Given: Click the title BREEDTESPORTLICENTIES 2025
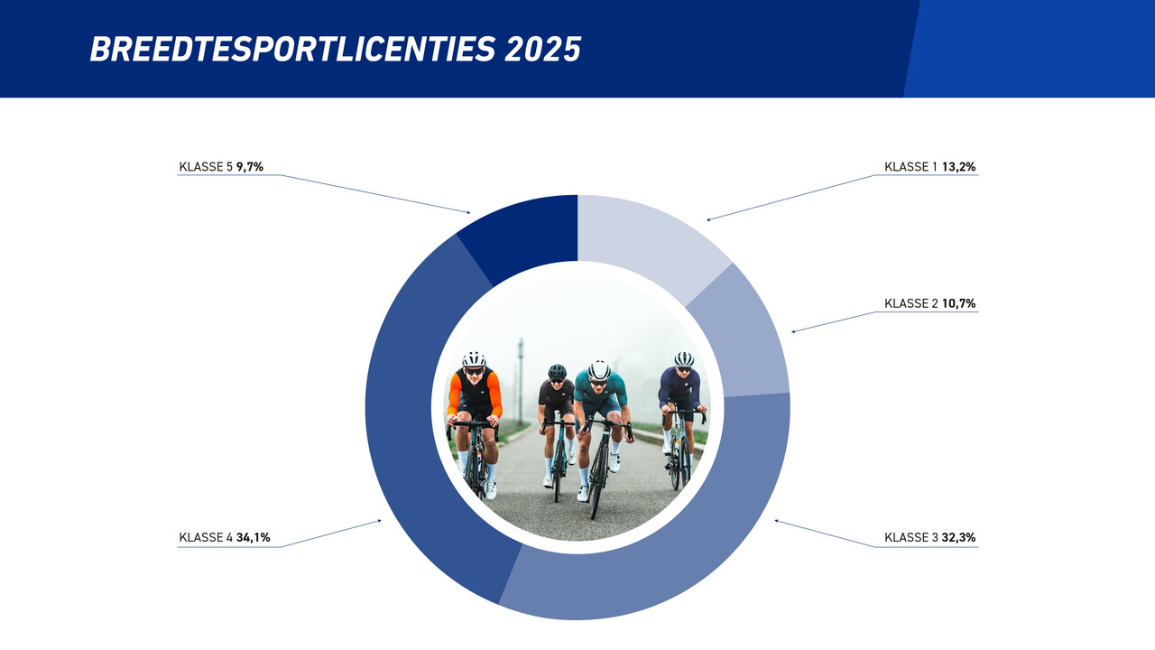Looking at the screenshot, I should [x=335, y=49].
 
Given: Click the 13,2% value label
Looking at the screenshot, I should [x=958, y=167].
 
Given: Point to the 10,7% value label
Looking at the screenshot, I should [x=958, y=304].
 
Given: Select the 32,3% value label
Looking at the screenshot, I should [x=958, y=538].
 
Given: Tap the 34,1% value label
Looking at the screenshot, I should [x=253, y=538].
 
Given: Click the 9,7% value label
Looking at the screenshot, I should [x=249, y=167].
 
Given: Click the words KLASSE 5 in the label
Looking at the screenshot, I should [x=206, y=167].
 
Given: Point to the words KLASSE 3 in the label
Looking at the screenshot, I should [x=911, y=538].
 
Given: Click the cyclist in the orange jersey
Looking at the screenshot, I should [x=475, y=406].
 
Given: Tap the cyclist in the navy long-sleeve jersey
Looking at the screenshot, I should [x=681, y=397].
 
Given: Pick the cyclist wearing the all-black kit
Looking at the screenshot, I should [x=556, y=406].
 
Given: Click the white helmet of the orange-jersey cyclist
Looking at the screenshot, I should [x=474, y=359].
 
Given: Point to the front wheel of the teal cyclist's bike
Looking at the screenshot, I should [x=597, y=478].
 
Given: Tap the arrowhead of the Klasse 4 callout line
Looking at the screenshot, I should [x=380, y=520].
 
